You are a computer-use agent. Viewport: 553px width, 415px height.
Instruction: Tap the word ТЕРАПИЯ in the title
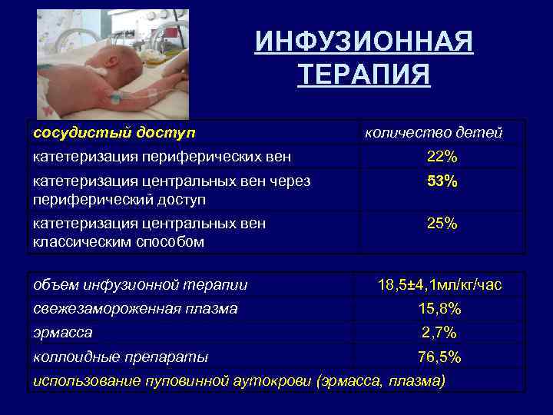[364, 75]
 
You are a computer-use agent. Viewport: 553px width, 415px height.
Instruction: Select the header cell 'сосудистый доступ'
[114, 133]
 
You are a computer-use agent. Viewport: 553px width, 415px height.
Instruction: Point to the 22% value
[442, 157]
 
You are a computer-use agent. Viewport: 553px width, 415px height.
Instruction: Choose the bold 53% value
[442, 182]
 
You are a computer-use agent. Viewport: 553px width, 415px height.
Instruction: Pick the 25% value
[442, 224]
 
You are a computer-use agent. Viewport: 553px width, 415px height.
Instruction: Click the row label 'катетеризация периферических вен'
[161, 157]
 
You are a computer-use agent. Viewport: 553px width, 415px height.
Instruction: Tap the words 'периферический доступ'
[119, 200]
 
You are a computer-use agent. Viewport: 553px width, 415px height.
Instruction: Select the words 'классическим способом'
[118, 242]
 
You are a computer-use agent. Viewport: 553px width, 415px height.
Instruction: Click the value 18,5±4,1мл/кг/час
[440, 285]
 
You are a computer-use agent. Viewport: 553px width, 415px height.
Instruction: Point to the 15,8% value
[440, 309]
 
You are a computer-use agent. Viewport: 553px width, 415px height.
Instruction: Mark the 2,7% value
[440, 333]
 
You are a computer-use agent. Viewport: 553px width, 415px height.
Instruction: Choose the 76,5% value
[440, 357]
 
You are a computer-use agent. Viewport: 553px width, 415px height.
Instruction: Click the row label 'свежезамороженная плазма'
[135, 309]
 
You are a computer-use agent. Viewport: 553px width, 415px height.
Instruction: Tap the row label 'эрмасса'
[63, 333]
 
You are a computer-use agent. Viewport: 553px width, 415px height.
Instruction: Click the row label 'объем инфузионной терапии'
[140, 285]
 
